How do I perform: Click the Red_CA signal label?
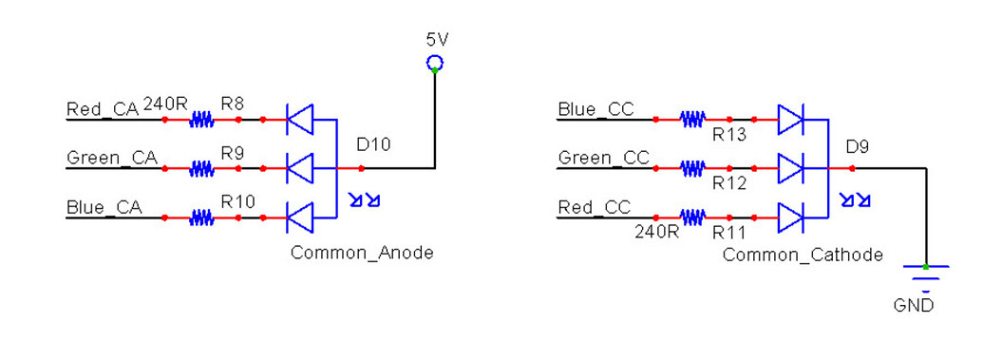[x=103, y=109]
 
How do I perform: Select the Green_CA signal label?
[x=111, y=158]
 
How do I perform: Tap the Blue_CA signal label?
[x=104, y=207]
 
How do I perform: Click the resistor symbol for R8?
[x=201, y=120]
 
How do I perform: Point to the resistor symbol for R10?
[x=201, y=218]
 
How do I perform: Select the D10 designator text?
[x=373, y=145]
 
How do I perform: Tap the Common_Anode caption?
[x=362, y=253]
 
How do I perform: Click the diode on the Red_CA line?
[x=300, y=120]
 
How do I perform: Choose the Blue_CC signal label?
[x=595, y=109]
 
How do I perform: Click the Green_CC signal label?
[x=603, y=158]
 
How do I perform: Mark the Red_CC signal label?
[x=595, y=207]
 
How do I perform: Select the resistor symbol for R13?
[x=692, y=120]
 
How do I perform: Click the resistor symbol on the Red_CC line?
[x=692, y=218]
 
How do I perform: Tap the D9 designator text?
[x=859, y=146]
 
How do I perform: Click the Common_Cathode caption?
[x=803, y=255]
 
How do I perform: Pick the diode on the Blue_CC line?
[x=790, y=120]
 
